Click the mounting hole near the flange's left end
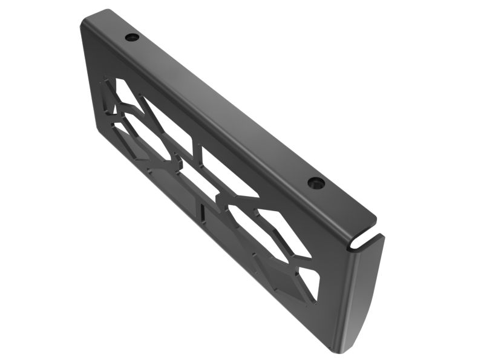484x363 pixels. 132,38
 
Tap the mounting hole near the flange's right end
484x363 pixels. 316,183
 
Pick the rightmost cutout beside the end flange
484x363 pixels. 309,282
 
